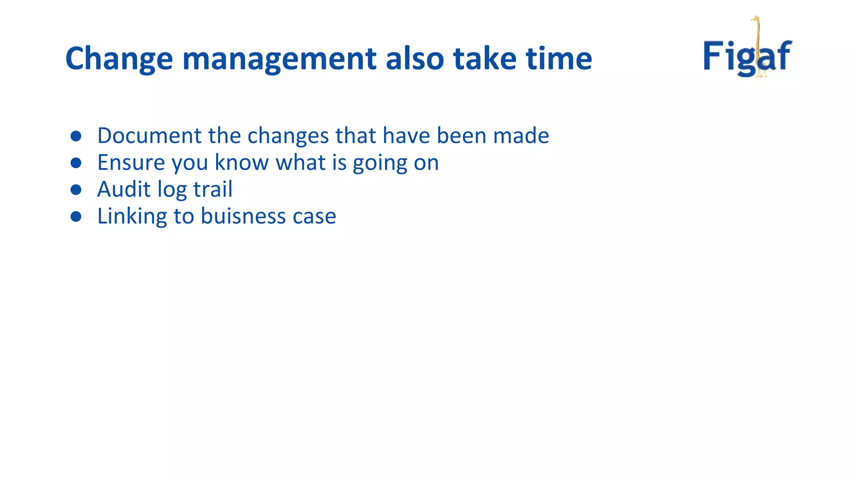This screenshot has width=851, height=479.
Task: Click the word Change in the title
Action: click(119, 59)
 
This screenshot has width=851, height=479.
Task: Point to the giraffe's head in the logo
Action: click(755, 19)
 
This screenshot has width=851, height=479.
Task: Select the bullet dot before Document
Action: click(76, 136)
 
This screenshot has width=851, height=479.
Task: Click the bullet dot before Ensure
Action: click(76, 163)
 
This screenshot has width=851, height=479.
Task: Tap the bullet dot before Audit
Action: click(76, 190)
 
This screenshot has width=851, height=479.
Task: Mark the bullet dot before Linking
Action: click(76, 217)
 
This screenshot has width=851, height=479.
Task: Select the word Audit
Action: click(123, 190)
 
